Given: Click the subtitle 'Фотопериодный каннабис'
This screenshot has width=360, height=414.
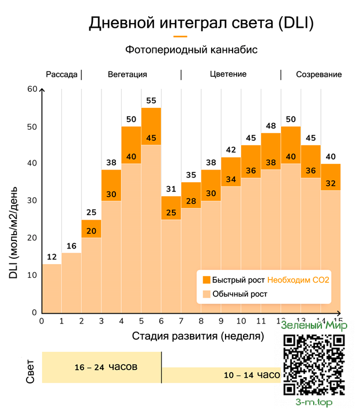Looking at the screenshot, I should click(x=191, y=50).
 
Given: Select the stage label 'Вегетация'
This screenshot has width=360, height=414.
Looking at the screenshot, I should click(x=127, y=74).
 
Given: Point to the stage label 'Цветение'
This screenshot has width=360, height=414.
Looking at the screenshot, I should click(x=228, y=74).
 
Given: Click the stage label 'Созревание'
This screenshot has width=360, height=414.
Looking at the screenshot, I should click(x=318, y=74).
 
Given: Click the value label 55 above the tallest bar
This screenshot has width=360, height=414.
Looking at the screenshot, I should click(x=151, y=100).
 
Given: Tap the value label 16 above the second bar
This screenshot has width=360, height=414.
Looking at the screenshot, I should click(x=72, y=246).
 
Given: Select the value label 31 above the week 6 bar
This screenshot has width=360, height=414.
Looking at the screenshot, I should click(x=171, y=189).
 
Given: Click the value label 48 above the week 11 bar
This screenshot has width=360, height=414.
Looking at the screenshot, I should click(x=271, y=126).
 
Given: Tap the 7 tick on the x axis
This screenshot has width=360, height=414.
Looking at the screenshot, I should click(x=181, y=321).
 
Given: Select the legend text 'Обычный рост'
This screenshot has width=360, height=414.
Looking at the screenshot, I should click(x=239, y=294).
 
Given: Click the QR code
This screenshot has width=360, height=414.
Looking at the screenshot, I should click(x=314, y=364).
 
